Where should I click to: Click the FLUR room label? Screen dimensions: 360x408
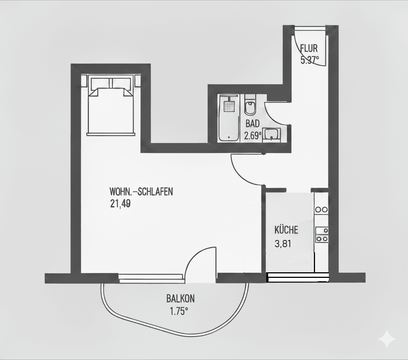click(309, 48)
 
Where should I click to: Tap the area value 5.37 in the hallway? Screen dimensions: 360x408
click(310, 60)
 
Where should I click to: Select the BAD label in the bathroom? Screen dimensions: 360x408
click(253, 124)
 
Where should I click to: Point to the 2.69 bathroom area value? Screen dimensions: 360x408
click(253, 136)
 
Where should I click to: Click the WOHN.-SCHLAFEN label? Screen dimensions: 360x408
click(141, 192)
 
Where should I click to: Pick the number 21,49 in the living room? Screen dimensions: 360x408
click(120, 204)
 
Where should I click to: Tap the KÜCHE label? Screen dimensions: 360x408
click(286, 230)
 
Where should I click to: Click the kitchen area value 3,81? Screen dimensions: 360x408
click(283, 244)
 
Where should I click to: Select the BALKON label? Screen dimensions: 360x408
click(180, 299)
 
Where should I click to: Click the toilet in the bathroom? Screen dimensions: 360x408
click(250, 107)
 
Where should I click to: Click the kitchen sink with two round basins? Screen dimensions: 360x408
click(321, 210)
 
